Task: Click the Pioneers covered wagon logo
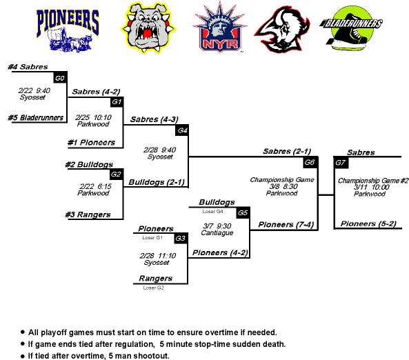tap(68, 30)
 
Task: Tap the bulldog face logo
tap(148, 28)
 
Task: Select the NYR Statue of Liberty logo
tap(219, 27)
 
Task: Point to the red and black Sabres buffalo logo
tap(282, 29)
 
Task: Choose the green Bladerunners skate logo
tap(351, 28)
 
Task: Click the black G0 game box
tap(60, 78)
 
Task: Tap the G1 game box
tap(117, 102)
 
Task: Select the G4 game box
tap(182, 130)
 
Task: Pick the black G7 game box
tap(341, 163)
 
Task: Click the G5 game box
tap(243, 213)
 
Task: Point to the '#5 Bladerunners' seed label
tap(36, 118)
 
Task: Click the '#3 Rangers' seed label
tap(88, 214)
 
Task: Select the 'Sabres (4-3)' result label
tap(154, 119)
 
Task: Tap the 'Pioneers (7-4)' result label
tap(286, 225)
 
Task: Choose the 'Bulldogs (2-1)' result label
tap(157, 182)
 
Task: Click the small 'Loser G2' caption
tap(153, 288)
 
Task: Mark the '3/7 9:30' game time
tap(217, 226)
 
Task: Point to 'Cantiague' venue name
tap(217, 232)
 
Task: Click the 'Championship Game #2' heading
tap(373, 181)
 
